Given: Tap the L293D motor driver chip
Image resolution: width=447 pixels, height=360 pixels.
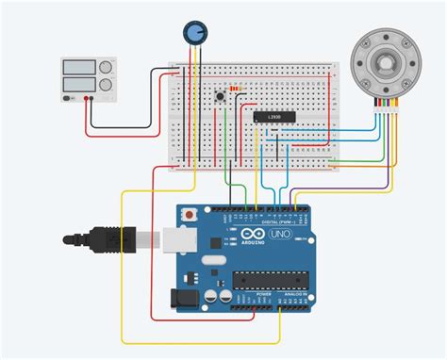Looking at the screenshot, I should [x=273, y=115].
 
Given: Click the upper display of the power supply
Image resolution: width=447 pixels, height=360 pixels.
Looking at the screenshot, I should [x=76, y=68].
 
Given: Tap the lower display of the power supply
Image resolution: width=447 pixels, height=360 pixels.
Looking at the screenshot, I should [x=76, y=85].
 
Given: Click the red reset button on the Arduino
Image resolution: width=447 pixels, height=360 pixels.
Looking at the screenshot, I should [x=191, y=216].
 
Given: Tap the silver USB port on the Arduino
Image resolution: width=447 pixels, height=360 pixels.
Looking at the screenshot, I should [x=176, y=240].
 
